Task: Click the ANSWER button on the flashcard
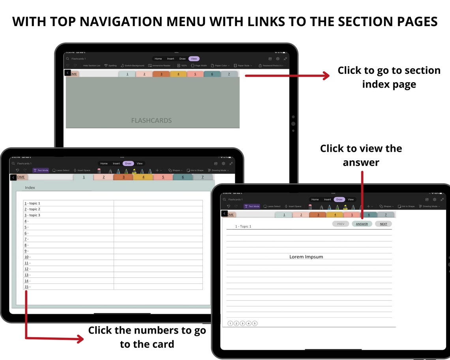click(x=362, y=224)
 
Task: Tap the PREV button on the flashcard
click(x=341, y=224)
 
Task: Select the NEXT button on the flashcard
click(x=383, y=224)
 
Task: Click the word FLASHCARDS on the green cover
click(x=152, y=120)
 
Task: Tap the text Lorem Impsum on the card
click(x=306, y=257)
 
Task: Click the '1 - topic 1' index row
click(x=32, y=203)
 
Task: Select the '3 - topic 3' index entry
click(x=32, y=215)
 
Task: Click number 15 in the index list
click(x=26, y=287)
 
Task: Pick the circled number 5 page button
click(x=255, y=323)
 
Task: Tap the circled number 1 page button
click(x=231, y=323)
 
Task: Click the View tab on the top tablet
click(x=194, y=59)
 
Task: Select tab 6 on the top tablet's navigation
click(x=212, y=74)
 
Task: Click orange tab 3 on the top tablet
click(x=161, y=74)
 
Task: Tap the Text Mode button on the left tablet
click(x=41, y=171)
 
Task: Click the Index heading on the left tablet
click(x=30, y=187)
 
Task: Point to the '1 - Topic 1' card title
click(x=243, y=227)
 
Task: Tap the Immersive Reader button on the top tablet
click(x=159, y=66)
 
